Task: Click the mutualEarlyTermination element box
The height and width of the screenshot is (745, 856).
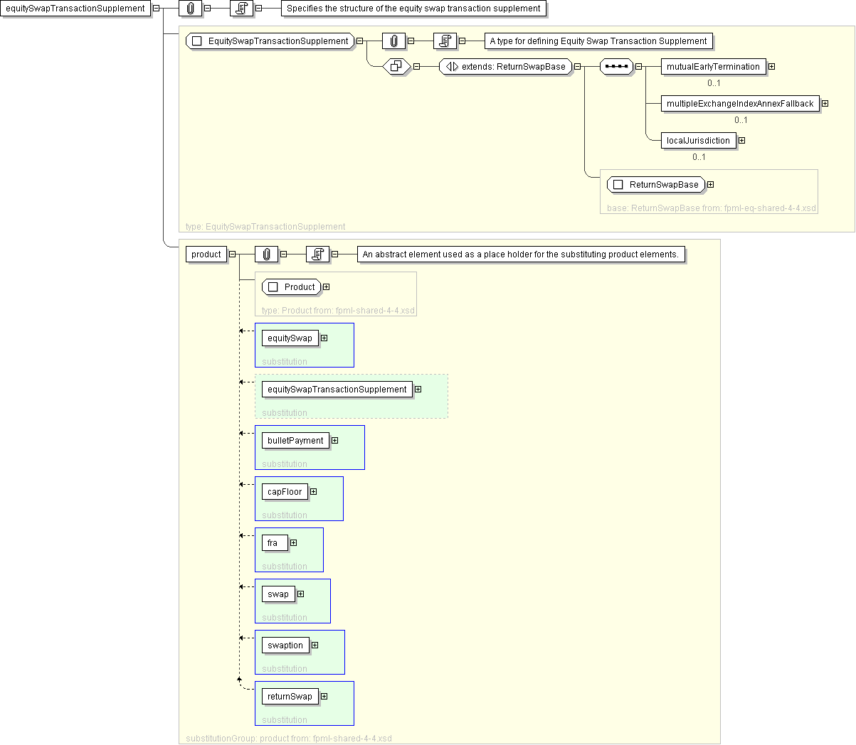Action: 713,66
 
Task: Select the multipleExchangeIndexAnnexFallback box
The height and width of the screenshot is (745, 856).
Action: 740,104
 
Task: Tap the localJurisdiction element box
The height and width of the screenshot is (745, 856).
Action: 698,140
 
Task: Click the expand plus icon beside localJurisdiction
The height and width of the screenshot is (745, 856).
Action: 741,140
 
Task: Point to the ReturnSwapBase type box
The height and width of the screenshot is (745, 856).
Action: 656,185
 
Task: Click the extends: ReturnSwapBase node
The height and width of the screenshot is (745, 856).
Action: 505,66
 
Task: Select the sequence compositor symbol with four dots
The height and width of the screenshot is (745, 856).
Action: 616,66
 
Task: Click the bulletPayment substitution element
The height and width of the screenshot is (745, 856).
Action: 295,441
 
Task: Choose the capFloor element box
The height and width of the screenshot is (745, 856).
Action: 285,492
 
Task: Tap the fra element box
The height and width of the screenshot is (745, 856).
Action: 275,543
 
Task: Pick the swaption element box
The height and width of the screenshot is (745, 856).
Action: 285,645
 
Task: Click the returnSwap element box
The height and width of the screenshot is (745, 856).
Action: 290,697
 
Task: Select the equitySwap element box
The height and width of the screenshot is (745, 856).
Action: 290,338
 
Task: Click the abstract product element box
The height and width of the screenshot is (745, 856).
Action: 206,254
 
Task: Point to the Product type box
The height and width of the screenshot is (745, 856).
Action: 291,287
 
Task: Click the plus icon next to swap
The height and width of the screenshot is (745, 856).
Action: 300,594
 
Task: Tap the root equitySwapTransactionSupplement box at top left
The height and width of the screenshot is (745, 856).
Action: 75,9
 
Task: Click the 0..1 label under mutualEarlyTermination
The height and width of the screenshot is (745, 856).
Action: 714,83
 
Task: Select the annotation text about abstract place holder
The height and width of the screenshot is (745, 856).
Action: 520,254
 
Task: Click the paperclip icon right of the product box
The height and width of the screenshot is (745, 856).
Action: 267,254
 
